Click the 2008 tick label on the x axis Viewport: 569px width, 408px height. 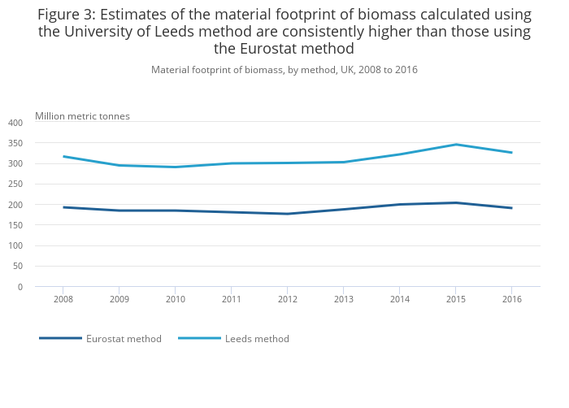click(63, 300)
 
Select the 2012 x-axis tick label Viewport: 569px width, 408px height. click(287, 300)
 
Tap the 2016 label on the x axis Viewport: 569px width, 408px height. click(511, 300)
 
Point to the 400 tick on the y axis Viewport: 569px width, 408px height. click(15, 123)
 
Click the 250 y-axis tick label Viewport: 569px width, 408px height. click(15, 184)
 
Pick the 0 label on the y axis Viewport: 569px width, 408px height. click(20, 287)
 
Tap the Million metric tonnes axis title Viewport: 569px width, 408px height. click(82, 116)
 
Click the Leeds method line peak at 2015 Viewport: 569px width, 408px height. click(455, 145)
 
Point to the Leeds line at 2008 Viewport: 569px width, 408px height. click(63, 156)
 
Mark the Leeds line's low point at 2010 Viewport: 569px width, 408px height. click(176, 167)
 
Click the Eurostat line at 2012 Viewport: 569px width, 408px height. click(287, 214)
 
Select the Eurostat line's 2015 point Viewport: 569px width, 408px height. click(455, 202)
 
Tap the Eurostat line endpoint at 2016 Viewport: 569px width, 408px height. click(511, 208)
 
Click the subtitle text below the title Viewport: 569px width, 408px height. click(284, 70)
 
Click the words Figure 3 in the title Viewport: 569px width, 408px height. click(64, 15)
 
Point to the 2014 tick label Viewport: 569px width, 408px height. click(399, 300)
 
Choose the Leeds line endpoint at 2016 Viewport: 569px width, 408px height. click(511, 153)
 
